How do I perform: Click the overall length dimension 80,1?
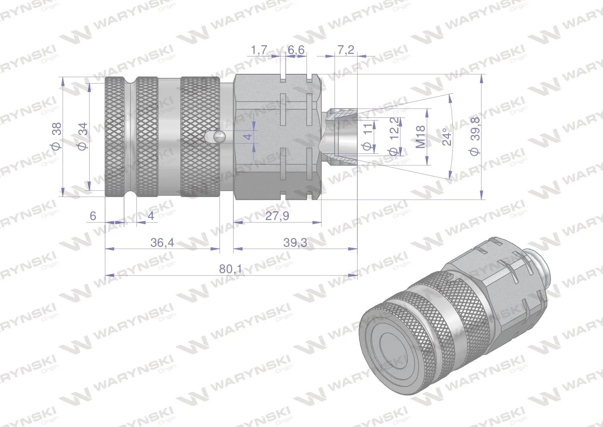[x=231, y=269]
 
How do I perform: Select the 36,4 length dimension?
[x=162, y=242]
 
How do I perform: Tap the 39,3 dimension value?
[x=295, y=242]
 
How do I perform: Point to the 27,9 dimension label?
[x=277, y=216]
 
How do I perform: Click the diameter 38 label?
[x=56, y=136]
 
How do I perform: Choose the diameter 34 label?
[x=83, y=136]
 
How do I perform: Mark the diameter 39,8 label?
[x=475, y=137]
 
